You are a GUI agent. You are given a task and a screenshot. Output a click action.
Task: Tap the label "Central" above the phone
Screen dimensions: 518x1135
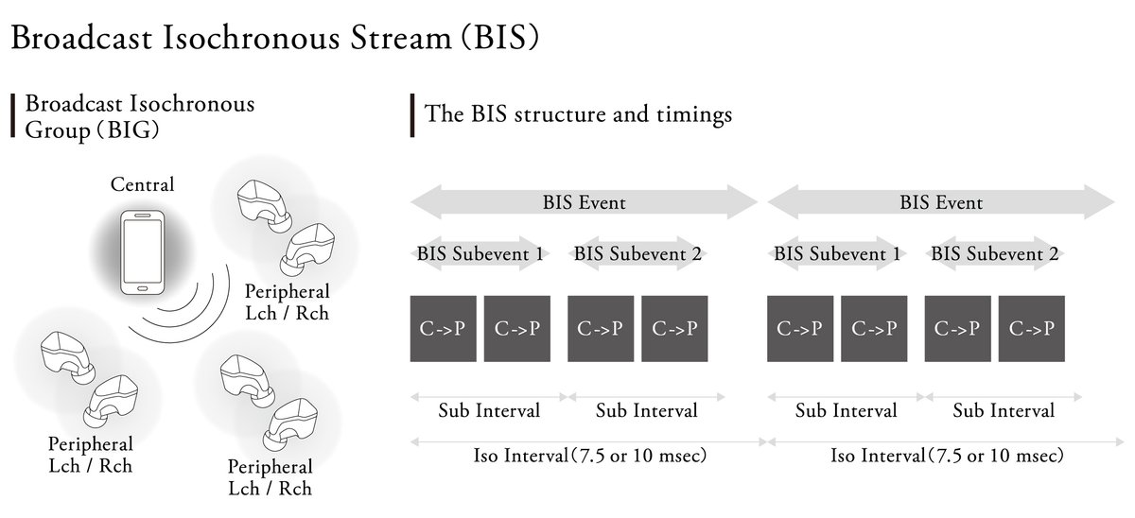click(x=143, y=183)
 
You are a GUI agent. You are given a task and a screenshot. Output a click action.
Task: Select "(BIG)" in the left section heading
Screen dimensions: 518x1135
click(x=125, y=129)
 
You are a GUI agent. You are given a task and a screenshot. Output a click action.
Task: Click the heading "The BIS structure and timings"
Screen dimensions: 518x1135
click(x=578, y=115)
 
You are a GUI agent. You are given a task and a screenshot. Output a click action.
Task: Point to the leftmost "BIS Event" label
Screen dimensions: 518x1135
click(x=584, y=202)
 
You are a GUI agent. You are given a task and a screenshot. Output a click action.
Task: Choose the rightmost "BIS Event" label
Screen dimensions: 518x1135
click(x=941, y=202)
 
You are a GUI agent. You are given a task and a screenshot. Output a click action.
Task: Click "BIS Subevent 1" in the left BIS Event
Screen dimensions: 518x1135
click(x=480, y=253)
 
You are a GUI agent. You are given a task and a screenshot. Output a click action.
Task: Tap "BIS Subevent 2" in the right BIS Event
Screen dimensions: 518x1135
click(x=994, y=253)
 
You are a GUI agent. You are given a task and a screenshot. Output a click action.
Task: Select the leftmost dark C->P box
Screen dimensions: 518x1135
click(x=443, y=328)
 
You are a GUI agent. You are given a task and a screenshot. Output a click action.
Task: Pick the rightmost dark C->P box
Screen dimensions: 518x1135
click(x=1031, y=328)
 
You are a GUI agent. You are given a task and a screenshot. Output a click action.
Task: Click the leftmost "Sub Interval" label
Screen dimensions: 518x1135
click(x=489, y=411)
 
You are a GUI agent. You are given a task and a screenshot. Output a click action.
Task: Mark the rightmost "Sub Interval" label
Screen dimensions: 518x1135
click(x=1004, y=411)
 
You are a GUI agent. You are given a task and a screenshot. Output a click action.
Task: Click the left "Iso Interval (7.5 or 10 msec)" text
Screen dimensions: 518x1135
click(x=590, y=456)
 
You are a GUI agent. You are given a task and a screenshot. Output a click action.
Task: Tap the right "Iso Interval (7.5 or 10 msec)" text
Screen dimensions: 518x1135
click(x=948, y=456)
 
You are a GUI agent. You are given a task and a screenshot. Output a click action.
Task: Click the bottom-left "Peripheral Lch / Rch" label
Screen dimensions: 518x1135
click(x=91, y=454)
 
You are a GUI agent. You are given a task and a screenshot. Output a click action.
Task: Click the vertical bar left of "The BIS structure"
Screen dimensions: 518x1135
click(x=412, y=115)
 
